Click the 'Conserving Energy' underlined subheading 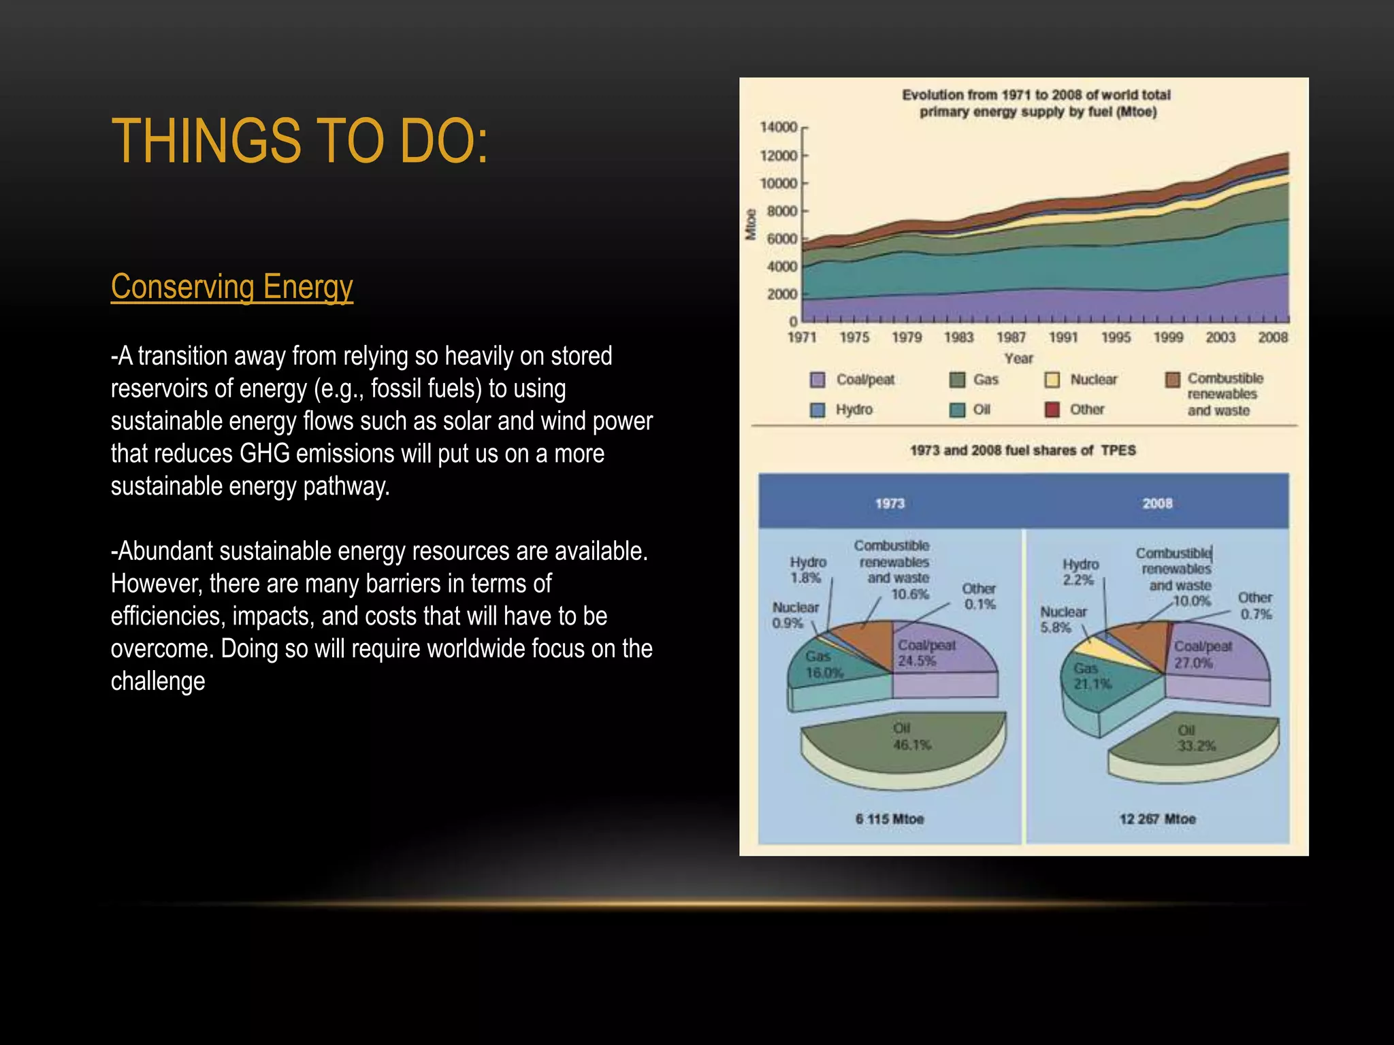coord(231,286)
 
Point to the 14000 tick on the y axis coord(779,127)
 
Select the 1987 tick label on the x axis coord(1011,337)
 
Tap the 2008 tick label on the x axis coord(1272,337)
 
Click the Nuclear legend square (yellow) coord(1052,380)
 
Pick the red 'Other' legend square coord(1052,410)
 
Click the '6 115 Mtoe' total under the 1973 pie coord(890,819)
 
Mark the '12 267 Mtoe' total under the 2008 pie coord(1157,819)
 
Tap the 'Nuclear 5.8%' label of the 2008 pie coord(1063,619)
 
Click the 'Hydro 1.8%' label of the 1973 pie coord(807,570)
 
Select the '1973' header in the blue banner coord(890,503)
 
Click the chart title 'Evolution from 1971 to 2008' coord(1037,103)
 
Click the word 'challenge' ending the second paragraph coord(158,681)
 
